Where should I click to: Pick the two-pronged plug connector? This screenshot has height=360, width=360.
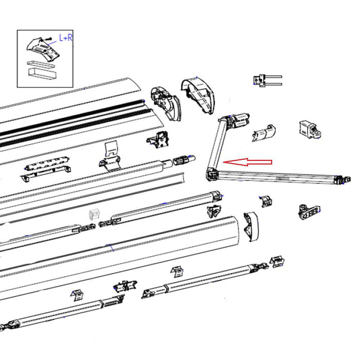click(x=266, y=80)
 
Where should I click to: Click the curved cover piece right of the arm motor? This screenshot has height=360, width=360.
click(x=264, y=132)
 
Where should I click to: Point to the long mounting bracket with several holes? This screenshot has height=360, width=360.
click(x=46, y=170)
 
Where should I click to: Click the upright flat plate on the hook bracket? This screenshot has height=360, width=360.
click(x=111, y=149)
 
